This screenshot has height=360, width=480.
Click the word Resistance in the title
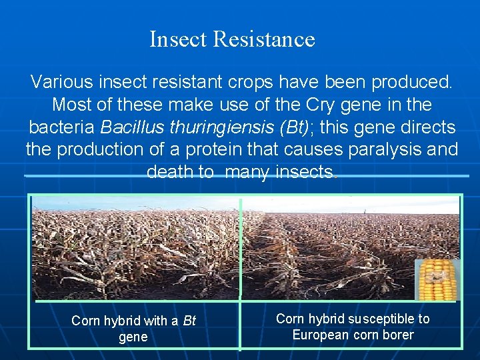tap(263, 39)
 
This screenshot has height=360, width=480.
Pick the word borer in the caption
tap(397, 335)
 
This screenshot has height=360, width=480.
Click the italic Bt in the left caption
tap(189, 321)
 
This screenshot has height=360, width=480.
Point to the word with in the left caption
tap(155, 321)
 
